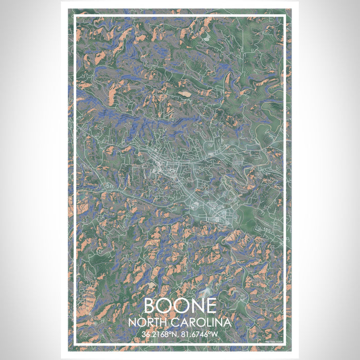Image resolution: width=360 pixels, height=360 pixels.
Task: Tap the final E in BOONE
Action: pos(208,306)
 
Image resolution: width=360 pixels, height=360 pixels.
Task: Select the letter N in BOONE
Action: pos(194,306)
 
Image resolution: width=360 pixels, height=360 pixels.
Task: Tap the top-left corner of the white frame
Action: pos(75,16)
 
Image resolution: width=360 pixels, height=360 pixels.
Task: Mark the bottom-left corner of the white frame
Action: pos(75,343)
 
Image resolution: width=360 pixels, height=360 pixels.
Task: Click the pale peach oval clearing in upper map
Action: pos(184,94)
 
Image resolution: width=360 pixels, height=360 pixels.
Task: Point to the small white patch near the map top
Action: pos(206,38)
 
